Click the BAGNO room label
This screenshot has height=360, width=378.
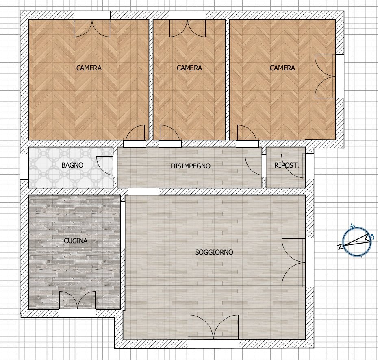72,165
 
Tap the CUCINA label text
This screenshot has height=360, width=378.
76,241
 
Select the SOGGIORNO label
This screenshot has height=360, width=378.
214,252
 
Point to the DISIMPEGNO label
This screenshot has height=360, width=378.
190,166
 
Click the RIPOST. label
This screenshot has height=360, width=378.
287,166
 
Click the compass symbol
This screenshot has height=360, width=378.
357,242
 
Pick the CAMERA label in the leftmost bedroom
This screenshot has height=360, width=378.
89,68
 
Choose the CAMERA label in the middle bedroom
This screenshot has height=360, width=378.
189,68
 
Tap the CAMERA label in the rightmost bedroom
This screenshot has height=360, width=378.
282,68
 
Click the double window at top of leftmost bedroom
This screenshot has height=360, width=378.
92,26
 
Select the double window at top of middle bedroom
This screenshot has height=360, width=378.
187,26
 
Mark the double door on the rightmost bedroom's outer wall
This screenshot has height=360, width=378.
327,76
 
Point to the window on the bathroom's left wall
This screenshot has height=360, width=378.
24,167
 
